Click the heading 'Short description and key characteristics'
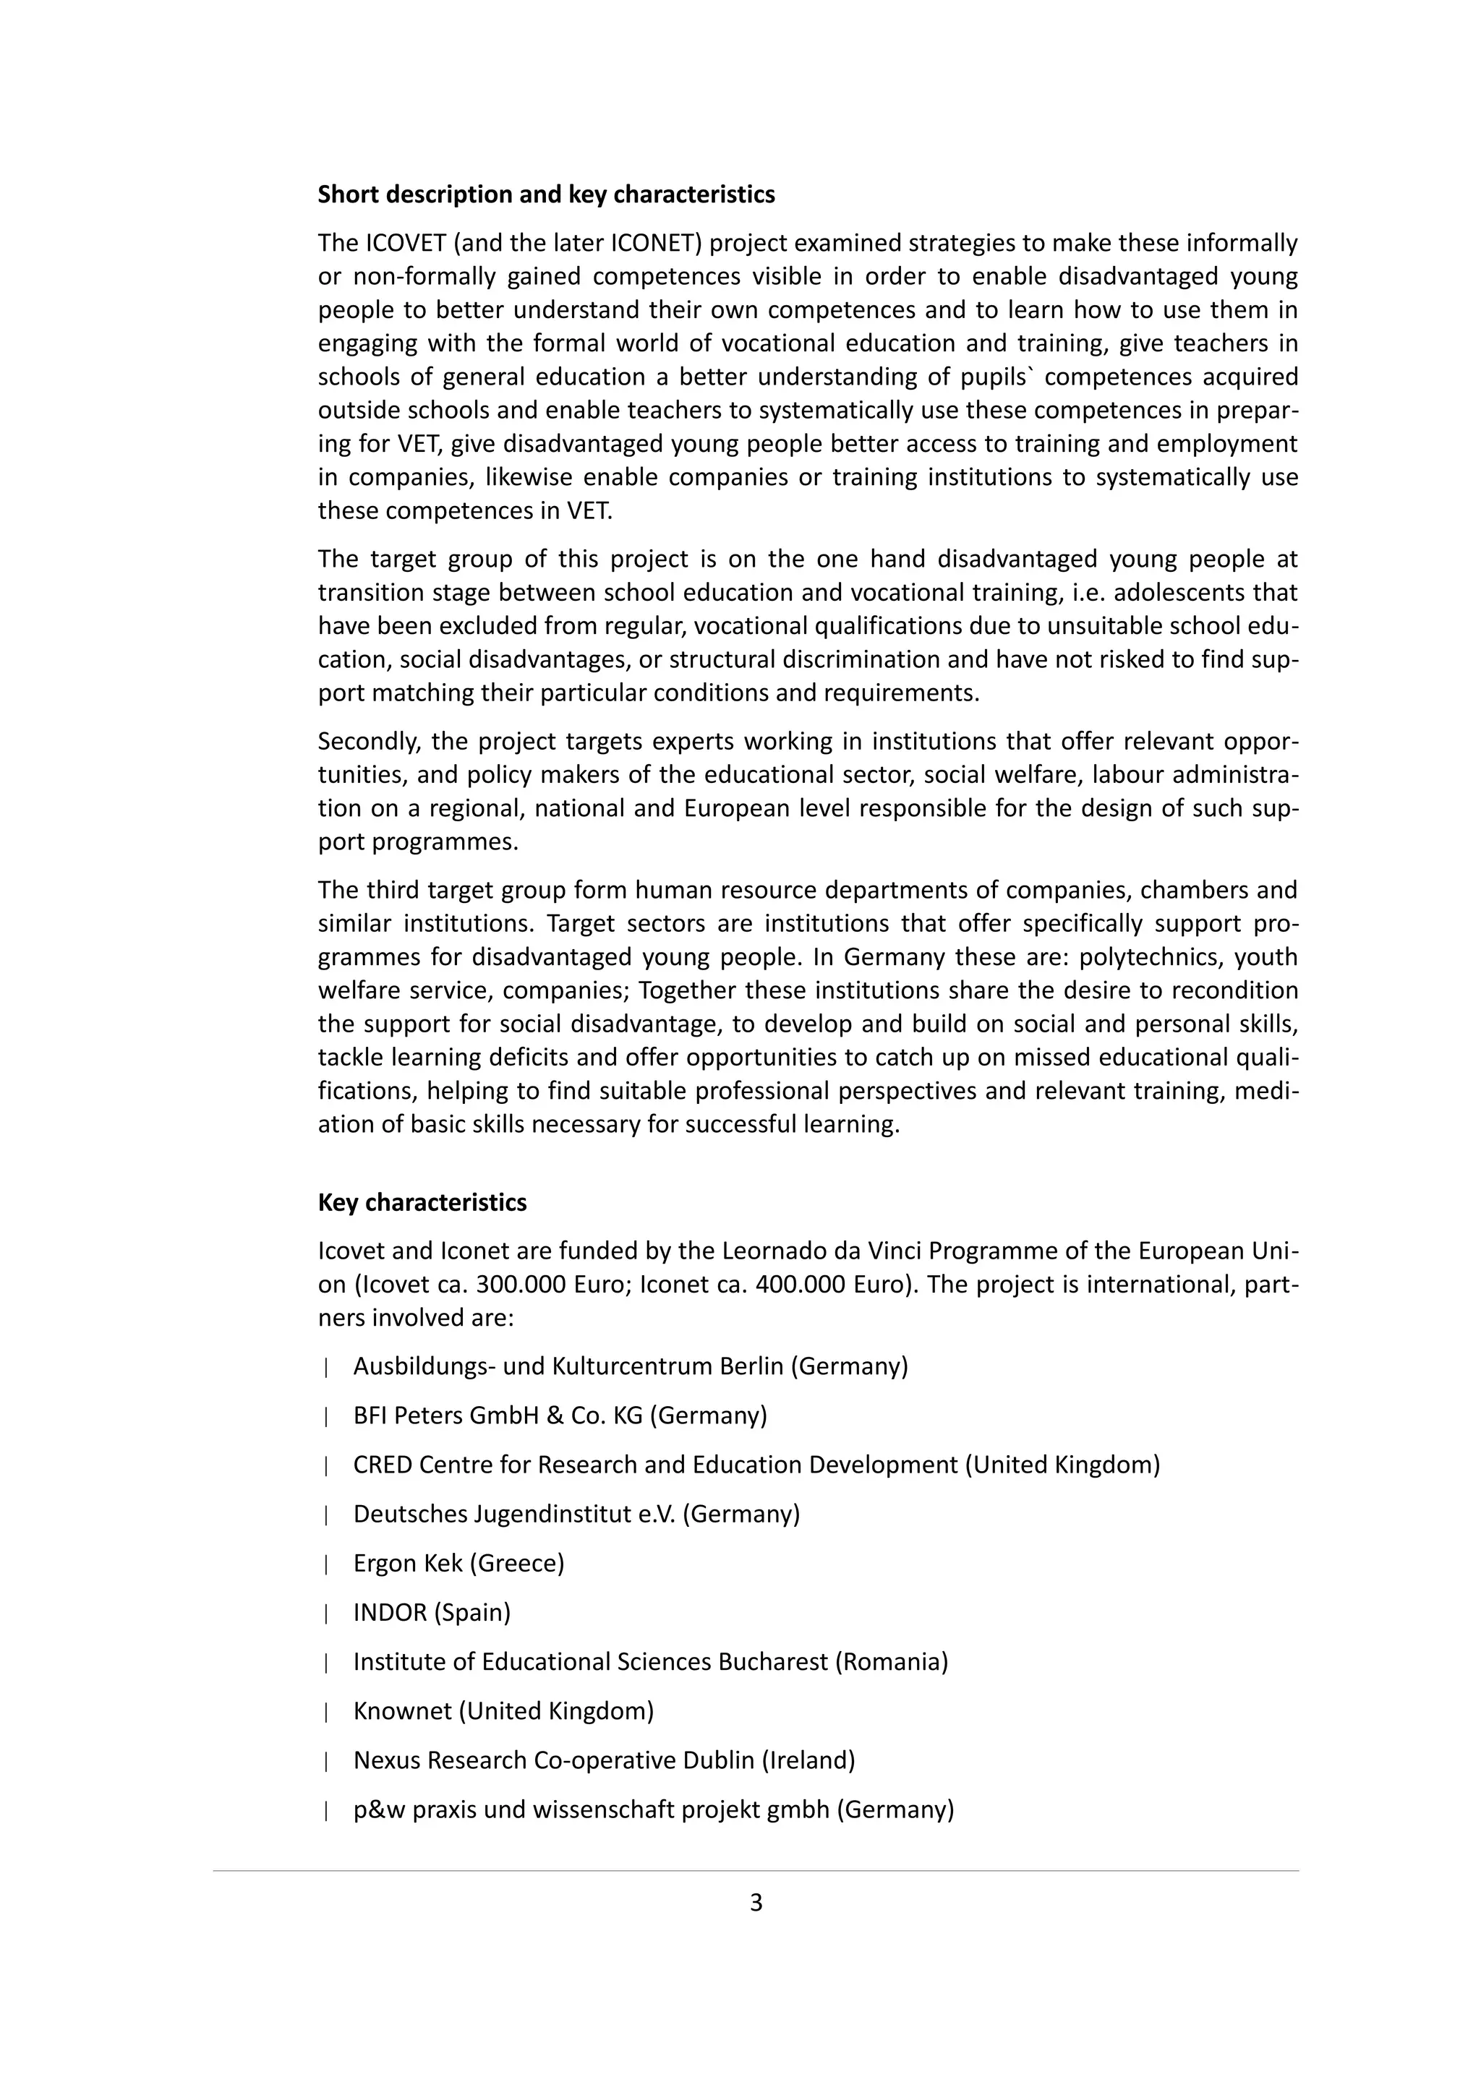[546, 194]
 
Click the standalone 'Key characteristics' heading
[422, 1203]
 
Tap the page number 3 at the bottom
[756, 1903]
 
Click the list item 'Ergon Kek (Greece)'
[458, 1563]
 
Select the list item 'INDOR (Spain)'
[432, 1612]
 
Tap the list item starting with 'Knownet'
[503, 1711]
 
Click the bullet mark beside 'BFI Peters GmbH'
[325, 1416]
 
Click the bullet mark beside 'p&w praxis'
[325, 1810]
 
